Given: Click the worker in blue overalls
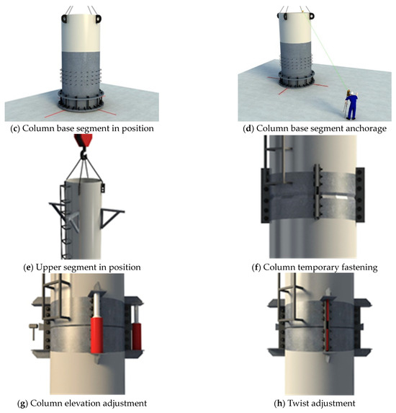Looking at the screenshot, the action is tap(351, 105).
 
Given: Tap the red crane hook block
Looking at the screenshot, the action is tap(83, 140).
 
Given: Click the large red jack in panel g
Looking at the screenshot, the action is tap(96, 335).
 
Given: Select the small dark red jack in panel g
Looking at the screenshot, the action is tap(137, 337).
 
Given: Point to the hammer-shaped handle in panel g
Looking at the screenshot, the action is tap(34, 332).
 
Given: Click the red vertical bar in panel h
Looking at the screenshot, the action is tap(328, 326).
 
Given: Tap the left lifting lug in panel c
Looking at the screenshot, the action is tap(64, 19).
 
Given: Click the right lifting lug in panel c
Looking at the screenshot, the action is tap(98, 19).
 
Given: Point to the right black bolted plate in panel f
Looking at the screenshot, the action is tap(360, 195).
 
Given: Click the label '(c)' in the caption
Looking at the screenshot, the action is tap(15, 129).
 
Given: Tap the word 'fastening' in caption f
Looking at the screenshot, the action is tap(359, 268).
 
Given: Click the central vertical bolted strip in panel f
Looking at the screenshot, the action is tap(317, 192).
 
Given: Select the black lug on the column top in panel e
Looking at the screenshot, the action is tap(103, 188).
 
